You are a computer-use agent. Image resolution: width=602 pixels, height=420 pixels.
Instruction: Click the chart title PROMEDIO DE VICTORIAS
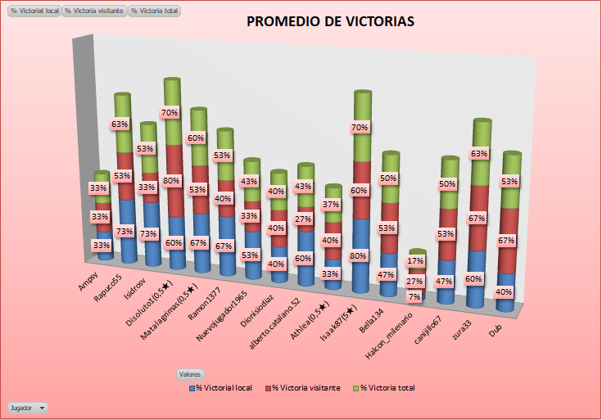[x=330, y=21]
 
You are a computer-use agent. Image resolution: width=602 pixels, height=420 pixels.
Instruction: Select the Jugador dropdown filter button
[x=27, y=407]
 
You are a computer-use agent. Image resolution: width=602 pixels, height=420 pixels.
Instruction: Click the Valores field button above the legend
[x=190, y=373]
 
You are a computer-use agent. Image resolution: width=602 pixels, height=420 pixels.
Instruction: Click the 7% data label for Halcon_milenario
[x=414, y=296]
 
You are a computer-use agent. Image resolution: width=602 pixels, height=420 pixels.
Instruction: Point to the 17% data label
[x=416, y=261]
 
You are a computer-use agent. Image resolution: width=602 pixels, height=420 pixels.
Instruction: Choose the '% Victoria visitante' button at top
[x=94, y=11]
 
